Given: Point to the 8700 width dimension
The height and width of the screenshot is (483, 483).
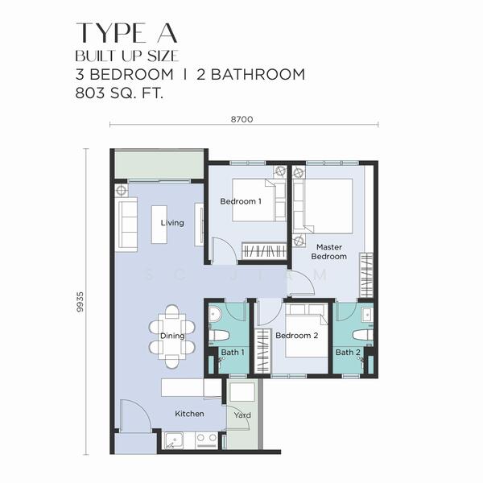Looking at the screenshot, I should tap(242, 119).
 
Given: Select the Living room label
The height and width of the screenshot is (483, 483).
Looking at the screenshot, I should tap(172, 223).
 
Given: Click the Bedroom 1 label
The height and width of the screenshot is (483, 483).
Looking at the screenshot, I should tap(241, 201).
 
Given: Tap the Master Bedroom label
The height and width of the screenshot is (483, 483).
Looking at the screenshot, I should tap(331, 252).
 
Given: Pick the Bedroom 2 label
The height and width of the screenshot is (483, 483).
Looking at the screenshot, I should tap(297, 336).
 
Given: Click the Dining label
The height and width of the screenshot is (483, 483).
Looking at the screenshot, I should tap(172, 336).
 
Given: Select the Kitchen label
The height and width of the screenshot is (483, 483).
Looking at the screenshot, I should tap(190, 414).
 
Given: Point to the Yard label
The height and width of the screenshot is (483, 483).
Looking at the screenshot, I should tap(242, 415).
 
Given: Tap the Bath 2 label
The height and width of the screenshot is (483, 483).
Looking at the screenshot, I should tap(348, 353).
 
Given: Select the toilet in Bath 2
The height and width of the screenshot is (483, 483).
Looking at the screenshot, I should tap(361, 334).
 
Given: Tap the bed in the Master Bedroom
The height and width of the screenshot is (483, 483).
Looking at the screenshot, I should tap(325, 204).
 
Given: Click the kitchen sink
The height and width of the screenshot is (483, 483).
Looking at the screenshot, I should tap(175, 440).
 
